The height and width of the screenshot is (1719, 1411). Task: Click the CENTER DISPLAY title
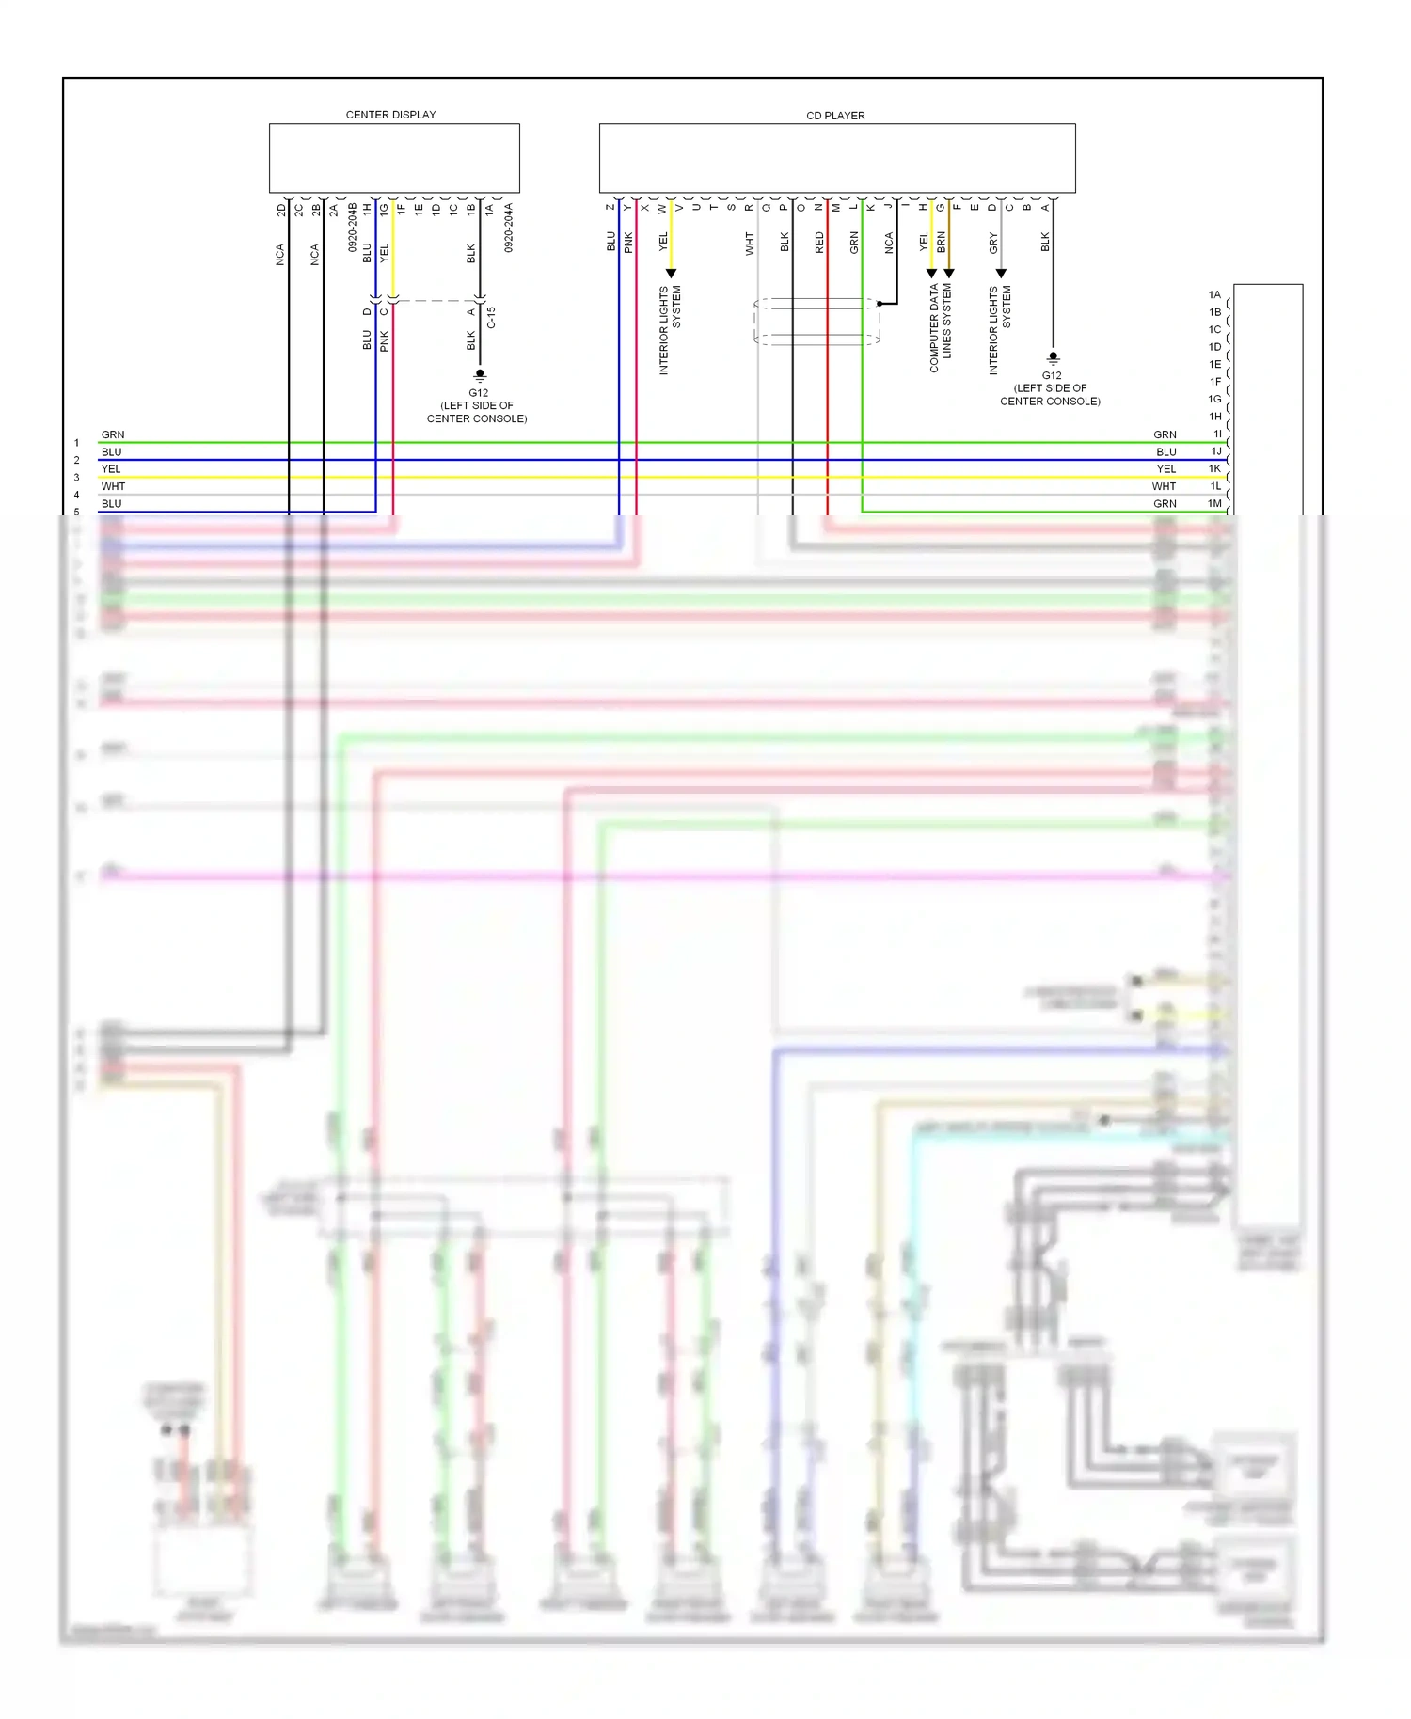coord(390,115)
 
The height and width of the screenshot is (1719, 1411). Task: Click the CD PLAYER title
coord(835,116)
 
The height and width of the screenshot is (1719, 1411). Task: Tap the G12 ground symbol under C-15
coord(480,374)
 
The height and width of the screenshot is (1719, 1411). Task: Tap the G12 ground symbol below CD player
coord(1053,357)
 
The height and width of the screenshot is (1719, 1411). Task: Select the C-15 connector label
coord(491,317)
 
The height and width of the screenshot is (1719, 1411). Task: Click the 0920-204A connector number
coord(509,227)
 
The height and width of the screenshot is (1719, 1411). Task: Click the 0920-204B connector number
coord(353,227)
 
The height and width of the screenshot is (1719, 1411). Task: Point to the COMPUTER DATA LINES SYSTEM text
coord(941,326)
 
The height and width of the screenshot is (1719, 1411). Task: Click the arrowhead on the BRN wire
coord(949,274)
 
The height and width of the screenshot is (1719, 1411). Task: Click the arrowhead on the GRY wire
coord(1001,274)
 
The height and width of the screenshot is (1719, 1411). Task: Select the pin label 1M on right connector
coord(1214,504)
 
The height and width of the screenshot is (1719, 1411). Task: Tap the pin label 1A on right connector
coord(1214,294)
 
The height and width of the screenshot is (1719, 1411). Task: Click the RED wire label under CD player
coord(819,243)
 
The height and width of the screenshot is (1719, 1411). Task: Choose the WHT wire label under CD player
coord(750,244)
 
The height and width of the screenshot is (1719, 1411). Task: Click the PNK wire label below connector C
coord(385,340)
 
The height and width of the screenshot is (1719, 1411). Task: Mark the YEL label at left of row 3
coord(111,469)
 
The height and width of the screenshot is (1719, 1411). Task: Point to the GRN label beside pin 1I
coord(1165,434)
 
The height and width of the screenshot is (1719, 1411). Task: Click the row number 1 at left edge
coord(77,443)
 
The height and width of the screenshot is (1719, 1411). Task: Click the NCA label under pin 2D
coord(280,254)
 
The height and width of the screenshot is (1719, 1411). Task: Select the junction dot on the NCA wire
coord(880,304)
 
